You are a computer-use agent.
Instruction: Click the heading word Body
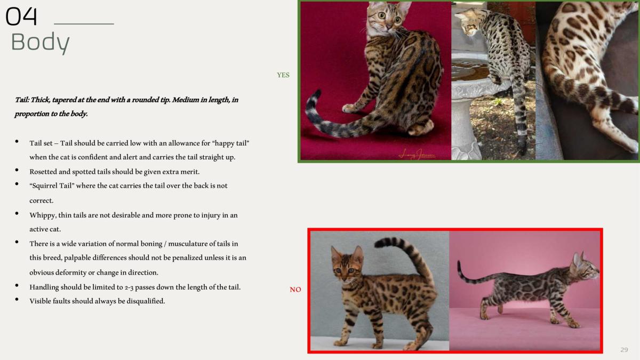pyautogui.click(x=40, y=42)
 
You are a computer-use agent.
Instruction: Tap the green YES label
pyautogui.click(x=283, y=75)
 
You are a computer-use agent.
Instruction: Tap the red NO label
pyautogui.click(x=295, y=290)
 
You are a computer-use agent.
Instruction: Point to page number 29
pyautogui.click(x=624, y=349)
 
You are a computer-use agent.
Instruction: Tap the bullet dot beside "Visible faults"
pyautogui.click(x=18, y=300)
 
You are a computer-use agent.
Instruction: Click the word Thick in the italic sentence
pyautogui.click(x=38, y=100)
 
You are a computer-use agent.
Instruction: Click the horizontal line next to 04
pyautogui.click(x=84, y=24)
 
